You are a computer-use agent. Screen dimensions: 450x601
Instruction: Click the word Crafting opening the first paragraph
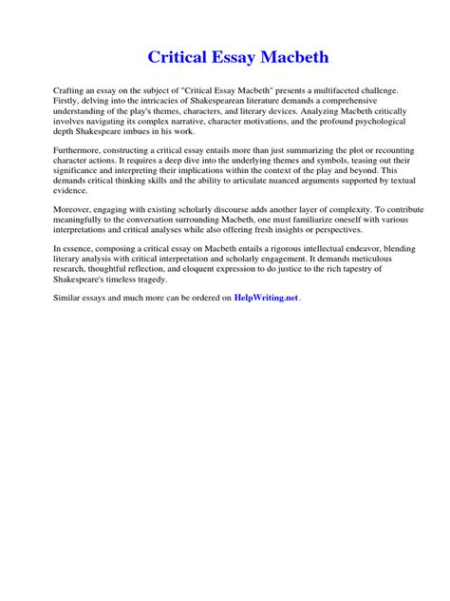pyautogui.click(x=69, y=88)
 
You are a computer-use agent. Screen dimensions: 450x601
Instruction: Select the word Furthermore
pyautogui.click(x=82, y=151)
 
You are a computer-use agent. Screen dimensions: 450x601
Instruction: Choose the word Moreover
pyautogui.click(x=75, y=214)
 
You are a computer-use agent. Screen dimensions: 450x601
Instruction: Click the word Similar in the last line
pyautogui.click(x=70, y=298)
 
